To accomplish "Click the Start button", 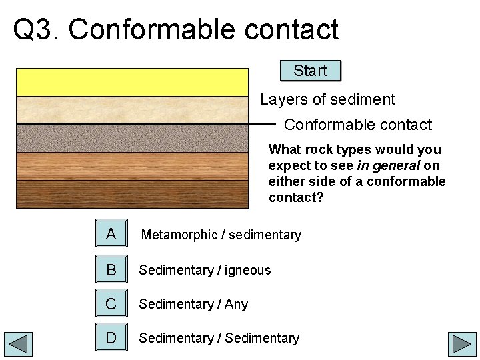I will point(310,71).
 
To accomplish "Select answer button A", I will point(111,234).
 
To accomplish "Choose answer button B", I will point(111,270).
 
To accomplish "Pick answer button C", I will point(111,304).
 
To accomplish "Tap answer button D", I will point(111,338).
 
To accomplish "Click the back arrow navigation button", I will point(18,345).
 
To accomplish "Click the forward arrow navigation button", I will point(461,345).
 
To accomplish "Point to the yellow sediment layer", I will point(132,82).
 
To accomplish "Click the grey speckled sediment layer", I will point(132,139).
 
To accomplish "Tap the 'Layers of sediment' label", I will point(327,100).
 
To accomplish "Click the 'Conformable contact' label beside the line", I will point(358,125).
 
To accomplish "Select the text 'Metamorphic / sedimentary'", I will point(221,235).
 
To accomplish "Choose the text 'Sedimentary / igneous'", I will point(205,270).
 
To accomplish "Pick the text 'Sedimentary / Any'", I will point(193,304).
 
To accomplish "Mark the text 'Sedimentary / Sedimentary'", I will point(219,338).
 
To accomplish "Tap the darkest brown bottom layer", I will point(132,194).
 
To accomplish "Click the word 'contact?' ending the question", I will point(295,197).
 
